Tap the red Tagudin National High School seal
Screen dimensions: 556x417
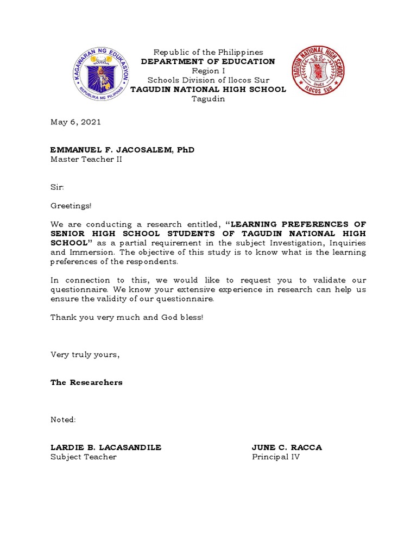[318, 71]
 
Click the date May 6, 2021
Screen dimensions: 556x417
[75, 122]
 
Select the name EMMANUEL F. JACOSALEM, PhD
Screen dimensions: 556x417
[122, 150]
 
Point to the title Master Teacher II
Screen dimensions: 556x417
[86, 159]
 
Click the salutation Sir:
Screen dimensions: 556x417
[57, 187]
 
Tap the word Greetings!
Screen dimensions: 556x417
[71, 206]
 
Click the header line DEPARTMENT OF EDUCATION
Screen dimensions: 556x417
[208, 61]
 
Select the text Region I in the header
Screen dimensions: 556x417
[208, 71]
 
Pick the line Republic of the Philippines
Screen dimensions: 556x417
[208, 52]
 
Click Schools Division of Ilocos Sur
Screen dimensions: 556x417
[208, 80]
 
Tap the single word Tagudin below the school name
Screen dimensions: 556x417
[208, 98]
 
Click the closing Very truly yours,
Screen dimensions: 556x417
[85, 355]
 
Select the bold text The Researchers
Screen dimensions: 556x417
[86, 382]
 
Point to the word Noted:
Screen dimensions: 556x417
[63, 420]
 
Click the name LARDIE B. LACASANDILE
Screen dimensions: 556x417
[106, 447]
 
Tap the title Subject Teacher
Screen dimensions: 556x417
[84, 457]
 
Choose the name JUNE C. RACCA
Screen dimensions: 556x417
[287, 447]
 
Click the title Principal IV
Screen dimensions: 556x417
[276, 457]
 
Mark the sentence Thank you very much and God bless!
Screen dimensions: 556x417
[127, 317]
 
